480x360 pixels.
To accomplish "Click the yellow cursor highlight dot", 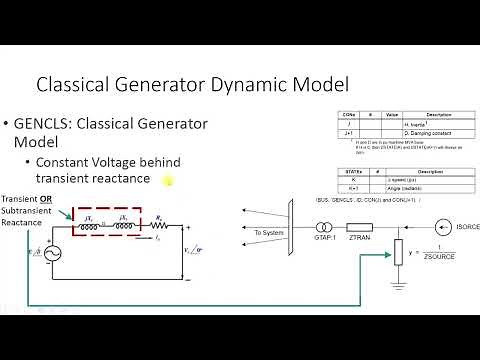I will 168,181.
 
